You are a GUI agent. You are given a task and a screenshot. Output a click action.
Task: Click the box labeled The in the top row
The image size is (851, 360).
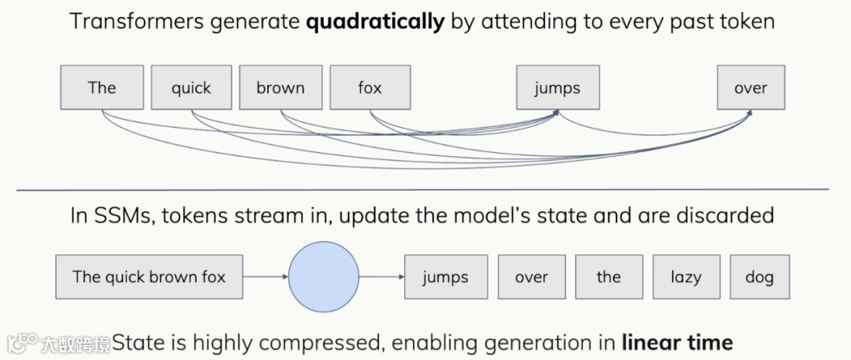pos(102,87)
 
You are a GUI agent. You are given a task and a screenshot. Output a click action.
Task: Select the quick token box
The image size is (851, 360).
pos(191,87)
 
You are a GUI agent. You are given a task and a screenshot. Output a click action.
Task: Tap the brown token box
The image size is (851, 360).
pos(280,87)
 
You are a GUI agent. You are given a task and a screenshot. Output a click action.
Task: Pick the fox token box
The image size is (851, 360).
pos(370,87)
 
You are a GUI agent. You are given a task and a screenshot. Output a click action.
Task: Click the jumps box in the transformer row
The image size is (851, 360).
pos(557,87)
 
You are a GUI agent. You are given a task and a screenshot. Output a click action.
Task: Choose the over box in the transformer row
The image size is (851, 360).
pos(750,87)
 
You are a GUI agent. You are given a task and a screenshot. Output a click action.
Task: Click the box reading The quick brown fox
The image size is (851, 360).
pos(149,276)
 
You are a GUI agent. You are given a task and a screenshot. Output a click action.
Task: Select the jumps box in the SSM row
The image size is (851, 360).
pos(445,276)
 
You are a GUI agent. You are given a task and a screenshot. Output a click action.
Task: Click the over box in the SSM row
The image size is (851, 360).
pos(531,276)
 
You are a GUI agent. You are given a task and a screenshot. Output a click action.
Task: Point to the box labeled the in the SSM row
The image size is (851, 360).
pos(608,276)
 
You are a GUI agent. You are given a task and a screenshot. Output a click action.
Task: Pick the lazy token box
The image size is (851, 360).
pos(685,276)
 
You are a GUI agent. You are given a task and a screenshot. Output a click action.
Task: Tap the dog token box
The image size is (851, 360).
pos(759,276)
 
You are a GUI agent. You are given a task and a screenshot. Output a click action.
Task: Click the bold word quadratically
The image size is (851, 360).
pos(375,21)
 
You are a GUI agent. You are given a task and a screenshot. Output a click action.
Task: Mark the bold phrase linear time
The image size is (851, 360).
pos(677,343)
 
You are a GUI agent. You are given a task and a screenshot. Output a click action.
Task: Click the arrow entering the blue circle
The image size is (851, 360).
pos(266,277)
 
